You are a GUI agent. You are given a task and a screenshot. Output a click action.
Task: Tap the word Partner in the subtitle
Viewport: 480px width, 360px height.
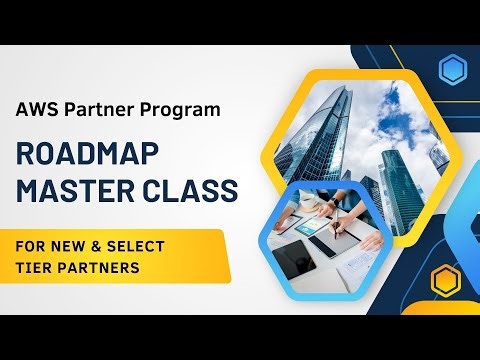[94, 109]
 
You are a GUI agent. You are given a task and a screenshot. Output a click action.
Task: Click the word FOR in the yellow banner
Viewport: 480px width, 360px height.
[29, 245]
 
